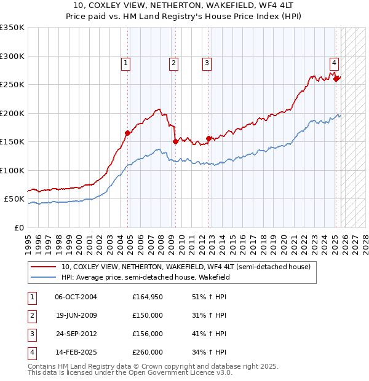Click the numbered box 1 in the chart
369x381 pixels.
coord(125,62)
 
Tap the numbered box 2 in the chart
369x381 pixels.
coord(174,62)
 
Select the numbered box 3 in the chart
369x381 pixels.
coord(207,62)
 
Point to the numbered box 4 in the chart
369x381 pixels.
coord(334,62)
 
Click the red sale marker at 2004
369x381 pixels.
coord(128,133)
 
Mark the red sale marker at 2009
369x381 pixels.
coord(176,141)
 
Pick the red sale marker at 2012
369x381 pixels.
coord(209,138)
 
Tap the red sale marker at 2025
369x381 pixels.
coord(336,78)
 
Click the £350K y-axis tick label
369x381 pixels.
coord(12,28)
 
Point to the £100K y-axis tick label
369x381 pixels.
coord(12,170)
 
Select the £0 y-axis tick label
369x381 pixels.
coord(18,227)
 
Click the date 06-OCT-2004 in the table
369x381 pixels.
coord(76,297)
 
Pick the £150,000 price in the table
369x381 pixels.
coord(148,315)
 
